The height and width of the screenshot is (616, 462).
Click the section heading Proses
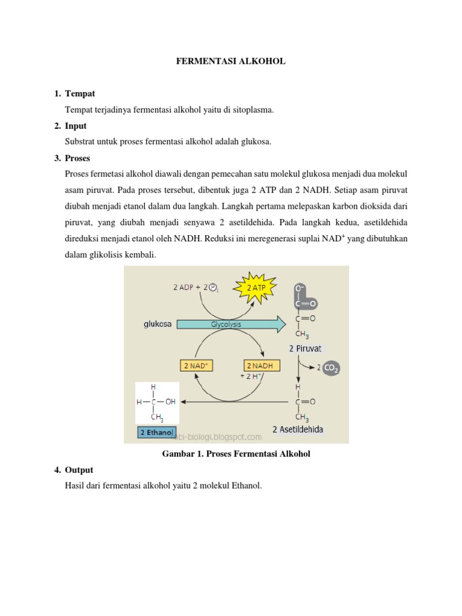tap(78, 158)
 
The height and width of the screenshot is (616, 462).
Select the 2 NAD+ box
tap(197, 365)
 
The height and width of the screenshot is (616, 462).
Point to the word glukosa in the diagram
tap(158, 324)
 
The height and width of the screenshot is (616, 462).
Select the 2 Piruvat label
tap(305, 348)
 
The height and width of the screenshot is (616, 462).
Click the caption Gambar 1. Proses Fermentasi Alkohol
tap(236, 454)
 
